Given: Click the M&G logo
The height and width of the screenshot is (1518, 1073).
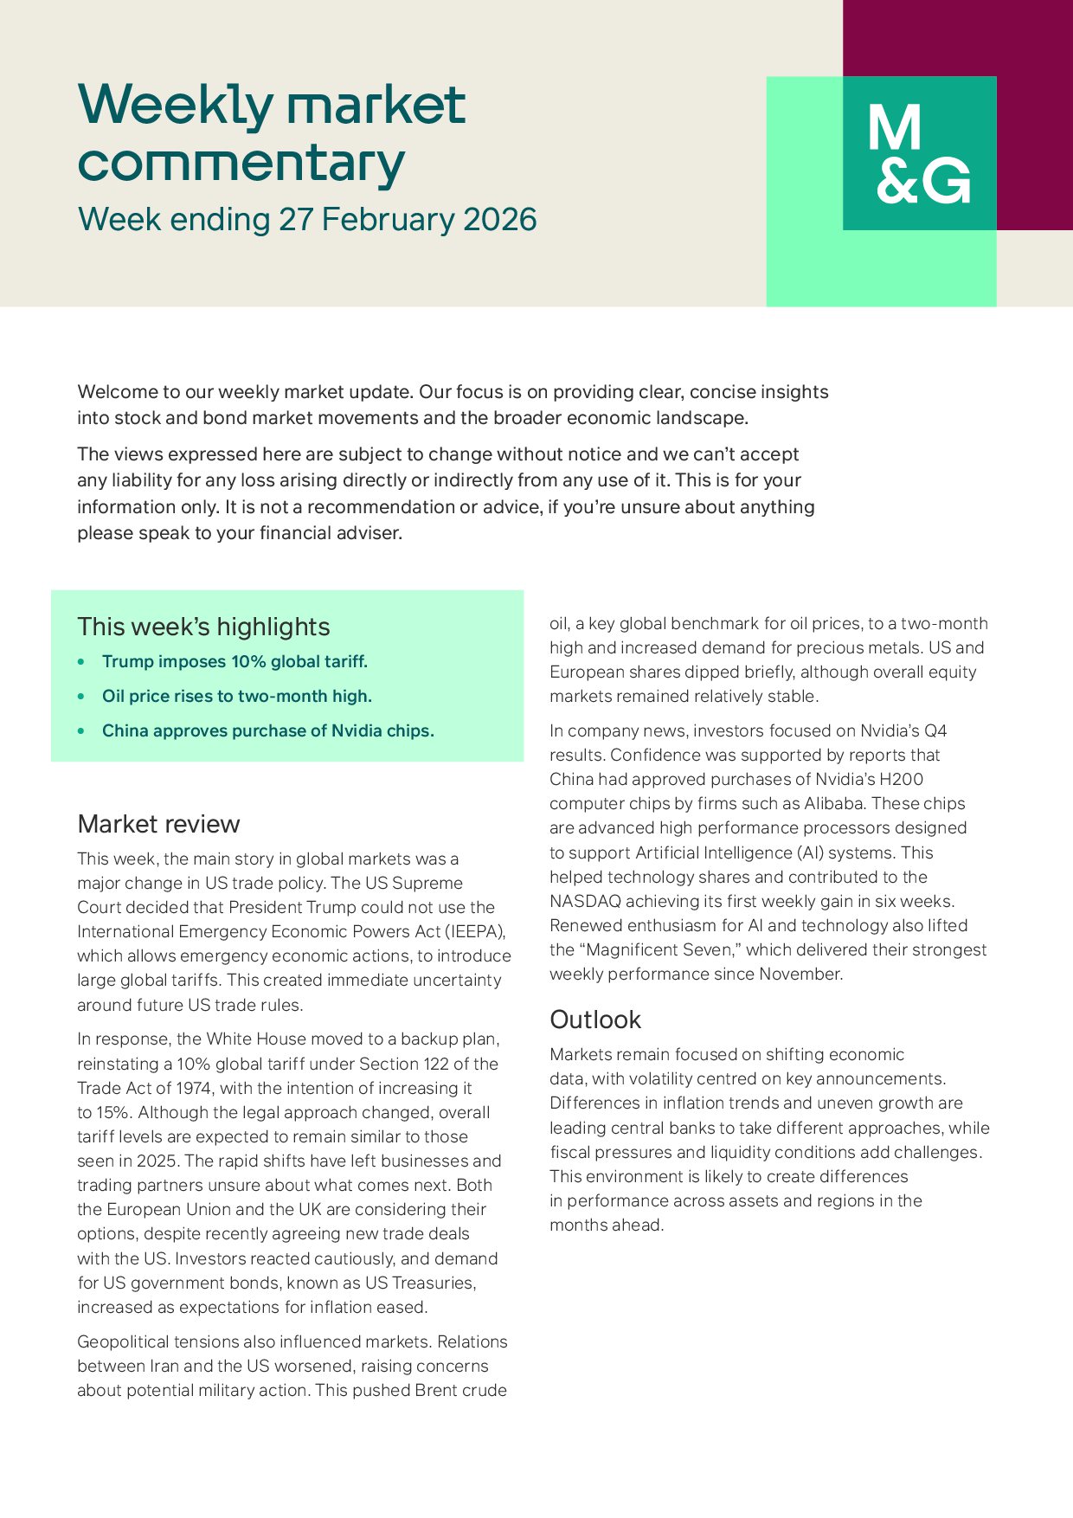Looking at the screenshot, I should pyautogui.click(x=919, y=154).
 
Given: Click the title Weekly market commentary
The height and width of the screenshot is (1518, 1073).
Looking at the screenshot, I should pyautogui.click(x=272, y=133).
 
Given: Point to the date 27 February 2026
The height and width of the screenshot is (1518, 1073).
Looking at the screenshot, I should pyautogui.click(x=407, y=220).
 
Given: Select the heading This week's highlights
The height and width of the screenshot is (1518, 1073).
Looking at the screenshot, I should pyautogui.click(x=203, y=627).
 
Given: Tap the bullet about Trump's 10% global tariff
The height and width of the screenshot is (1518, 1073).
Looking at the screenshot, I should pyautogui.click(x=235, y=662).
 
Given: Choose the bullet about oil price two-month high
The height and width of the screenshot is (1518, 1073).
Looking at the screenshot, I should pyautogui.click(x=236, y=697).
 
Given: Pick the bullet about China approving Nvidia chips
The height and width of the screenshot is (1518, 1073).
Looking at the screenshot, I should pyautogui.click(x=267, y=731).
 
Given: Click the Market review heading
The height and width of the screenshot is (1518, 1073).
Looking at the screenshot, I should pyautogui.click(x=158, y=824).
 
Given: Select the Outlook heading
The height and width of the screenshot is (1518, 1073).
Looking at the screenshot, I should pyautogui.click(x=595, y=1020).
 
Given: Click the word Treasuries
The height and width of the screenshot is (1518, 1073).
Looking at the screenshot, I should pyautogui.click(x=433, y=1283).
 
